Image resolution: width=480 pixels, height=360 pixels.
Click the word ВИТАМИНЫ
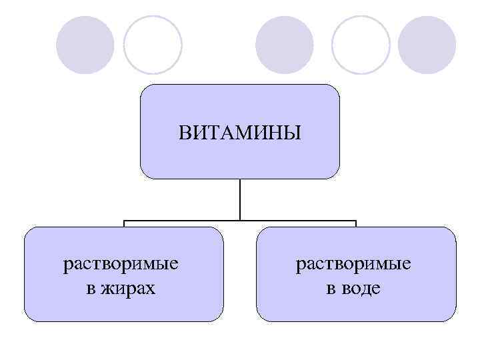pos(239,132)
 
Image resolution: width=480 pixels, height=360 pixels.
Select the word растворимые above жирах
pos(121,264)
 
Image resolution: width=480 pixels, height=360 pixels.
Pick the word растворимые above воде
pos(353,264)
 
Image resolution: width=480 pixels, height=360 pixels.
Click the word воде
pos(363,289)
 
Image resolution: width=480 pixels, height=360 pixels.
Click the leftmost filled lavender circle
pos(85,45)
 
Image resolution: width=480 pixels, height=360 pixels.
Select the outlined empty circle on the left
pos(153,45)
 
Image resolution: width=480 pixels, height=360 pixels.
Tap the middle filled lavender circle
pos(285,45)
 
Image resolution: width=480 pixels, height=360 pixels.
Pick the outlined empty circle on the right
pos(361,45)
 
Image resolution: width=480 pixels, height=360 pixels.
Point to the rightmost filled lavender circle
pos(427,45)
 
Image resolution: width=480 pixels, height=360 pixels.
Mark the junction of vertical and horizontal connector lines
pos(240,220)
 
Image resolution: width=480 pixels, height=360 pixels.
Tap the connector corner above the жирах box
pos(124,221)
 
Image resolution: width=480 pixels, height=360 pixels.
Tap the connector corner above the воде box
pos(356,221)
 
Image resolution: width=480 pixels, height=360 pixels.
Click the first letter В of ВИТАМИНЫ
pos(185,132)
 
